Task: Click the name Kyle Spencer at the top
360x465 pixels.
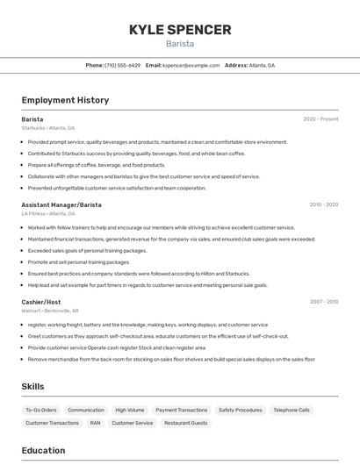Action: (180, 30)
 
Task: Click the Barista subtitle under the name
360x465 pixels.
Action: (180, 44)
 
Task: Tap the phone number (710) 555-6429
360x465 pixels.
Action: (122, 65)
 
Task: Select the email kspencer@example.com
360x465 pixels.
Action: (191, 65)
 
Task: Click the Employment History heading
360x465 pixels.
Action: (65, 100)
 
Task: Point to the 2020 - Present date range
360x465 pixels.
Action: (320, 119)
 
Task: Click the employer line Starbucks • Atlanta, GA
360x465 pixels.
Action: (48, 128)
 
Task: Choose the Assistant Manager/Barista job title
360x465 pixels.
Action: (61, 204)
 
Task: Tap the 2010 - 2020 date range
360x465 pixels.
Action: (323, 204)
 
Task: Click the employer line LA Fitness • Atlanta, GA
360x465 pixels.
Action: (49, 213)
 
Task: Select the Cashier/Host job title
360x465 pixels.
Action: (41, 302)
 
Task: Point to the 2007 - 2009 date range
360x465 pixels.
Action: (323, 302)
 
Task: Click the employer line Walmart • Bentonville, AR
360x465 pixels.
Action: (50, 311)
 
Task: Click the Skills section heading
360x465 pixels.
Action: (33, 386)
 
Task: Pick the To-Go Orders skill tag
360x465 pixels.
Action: (41, 410)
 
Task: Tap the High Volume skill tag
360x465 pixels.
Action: (130, 410)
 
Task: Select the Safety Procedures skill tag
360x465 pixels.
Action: (240, 410)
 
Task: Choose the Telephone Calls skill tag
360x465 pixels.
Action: (292, 410)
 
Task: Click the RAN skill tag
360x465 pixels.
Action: (95, 423)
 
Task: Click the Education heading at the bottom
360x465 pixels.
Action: (44, 451)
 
